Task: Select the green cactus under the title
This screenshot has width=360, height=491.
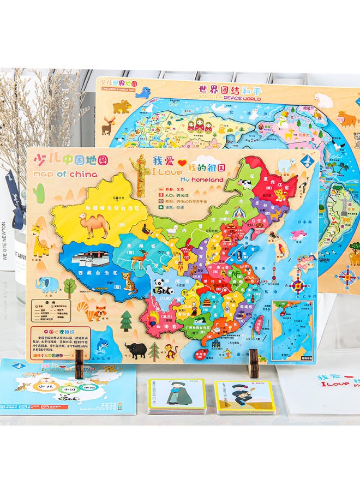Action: pos(39,193)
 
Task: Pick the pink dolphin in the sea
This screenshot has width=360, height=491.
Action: pos(298,235)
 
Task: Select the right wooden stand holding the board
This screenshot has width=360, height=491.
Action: pos(253,363)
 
